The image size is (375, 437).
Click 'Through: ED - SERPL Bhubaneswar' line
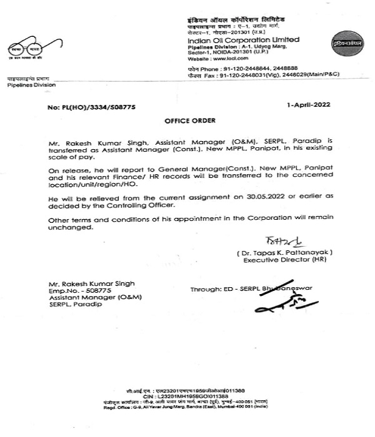(x=252, y=288)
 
